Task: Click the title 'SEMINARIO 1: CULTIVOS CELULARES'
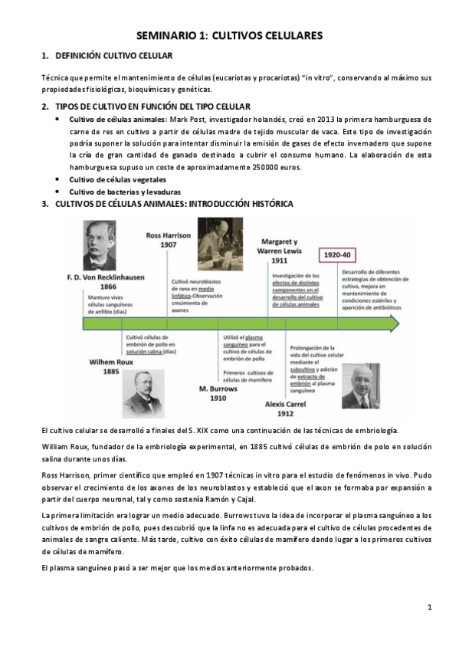point(229,35)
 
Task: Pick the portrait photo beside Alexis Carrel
point(359,386)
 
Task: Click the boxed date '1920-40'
point(336,254)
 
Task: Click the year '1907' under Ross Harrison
point(168,245)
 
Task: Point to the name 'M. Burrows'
point(218,389)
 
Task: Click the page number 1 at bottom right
point(430,607)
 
